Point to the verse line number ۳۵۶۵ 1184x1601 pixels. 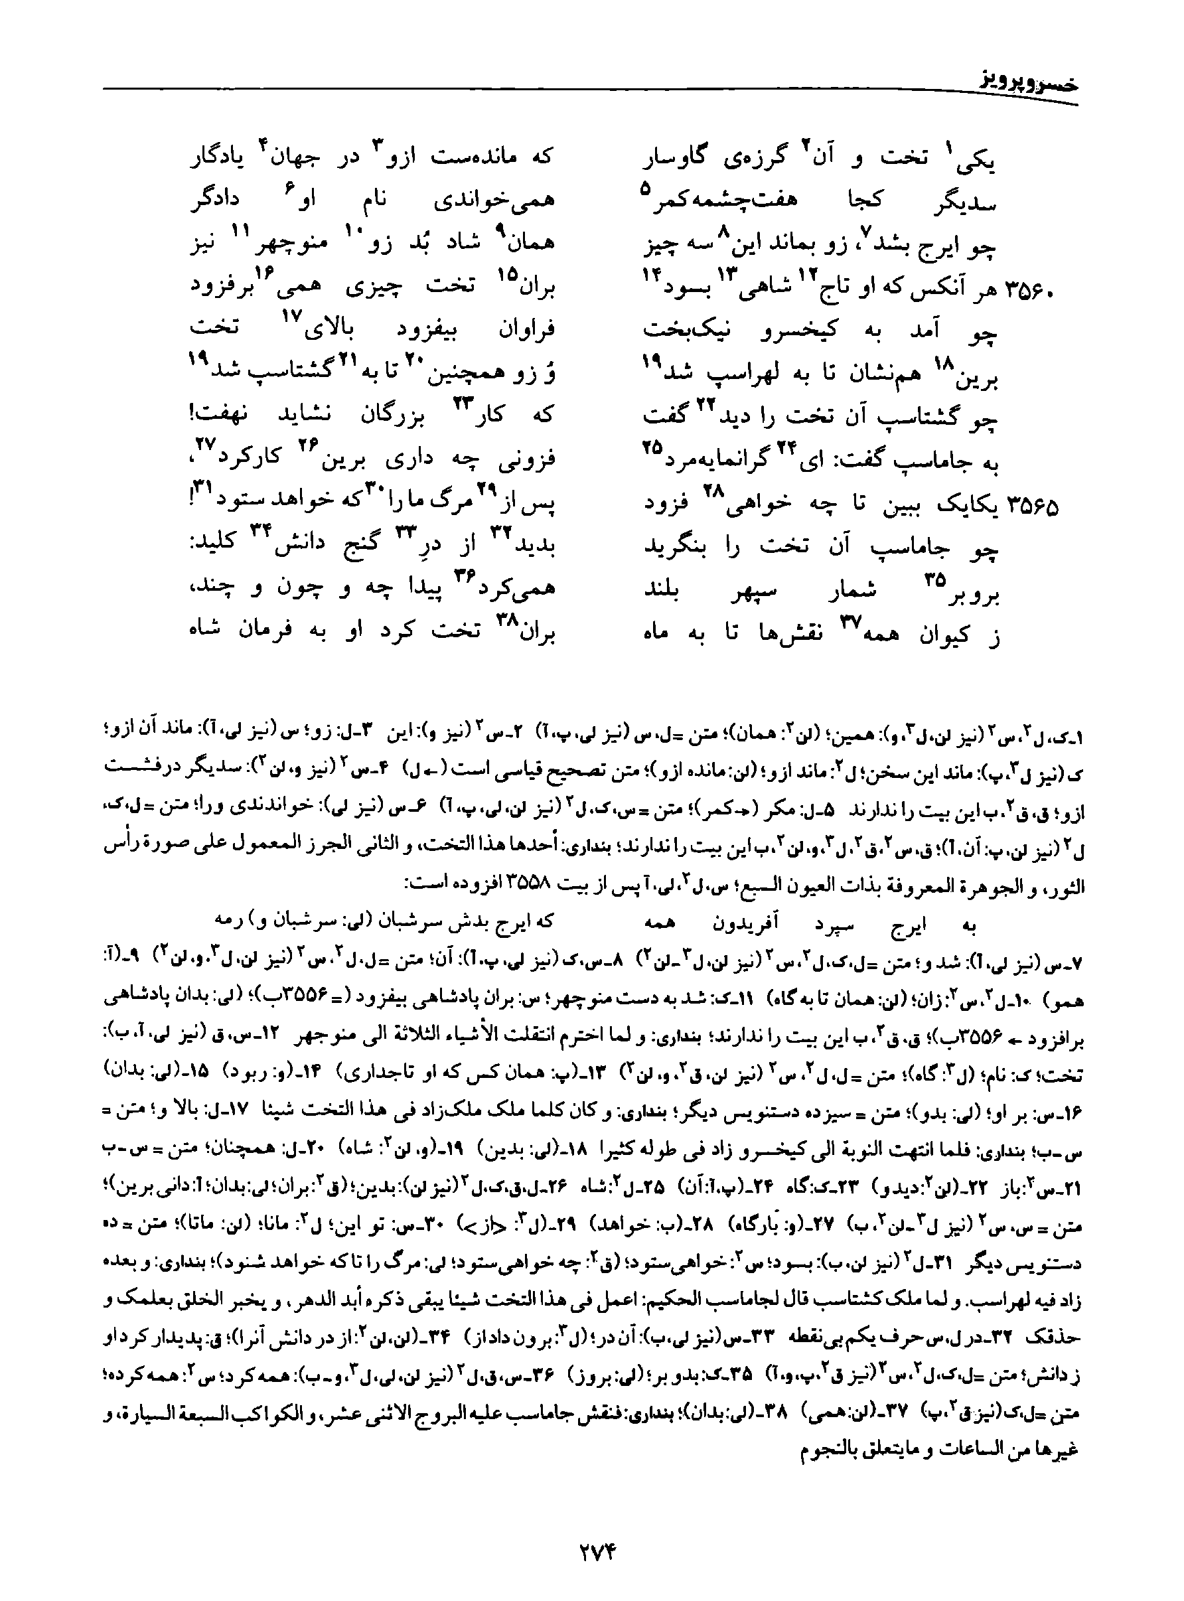(x=1033, y=506)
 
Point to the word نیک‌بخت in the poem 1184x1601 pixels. (x=678, y=331)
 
